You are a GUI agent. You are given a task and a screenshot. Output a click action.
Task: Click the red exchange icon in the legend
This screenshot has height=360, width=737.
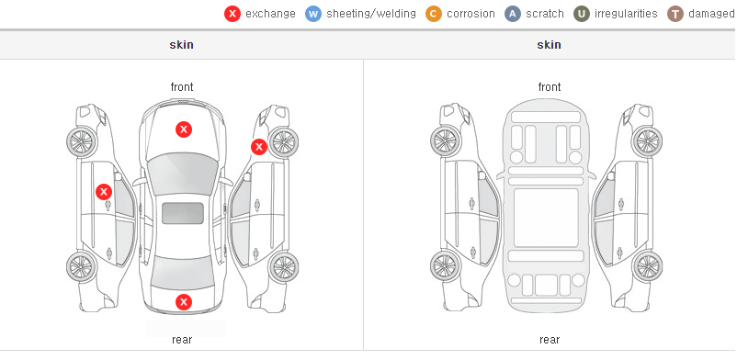point(232,14)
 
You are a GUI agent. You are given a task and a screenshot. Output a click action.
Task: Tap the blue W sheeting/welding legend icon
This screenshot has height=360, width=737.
point(313,14)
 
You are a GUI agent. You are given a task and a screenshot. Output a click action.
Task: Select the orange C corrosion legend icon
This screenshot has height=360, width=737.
point(434,14)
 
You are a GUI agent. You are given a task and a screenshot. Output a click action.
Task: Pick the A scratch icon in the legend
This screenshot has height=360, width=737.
point(513,14)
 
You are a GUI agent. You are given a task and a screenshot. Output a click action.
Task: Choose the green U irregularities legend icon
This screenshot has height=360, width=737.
point(582,14)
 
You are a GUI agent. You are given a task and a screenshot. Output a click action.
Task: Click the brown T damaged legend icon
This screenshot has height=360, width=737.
point(675,14)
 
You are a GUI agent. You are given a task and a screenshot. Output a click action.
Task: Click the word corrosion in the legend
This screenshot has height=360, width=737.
point(471,14)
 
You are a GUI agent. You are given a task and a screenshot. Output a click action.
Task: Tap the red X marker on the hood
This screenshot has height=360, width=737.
point(184,129)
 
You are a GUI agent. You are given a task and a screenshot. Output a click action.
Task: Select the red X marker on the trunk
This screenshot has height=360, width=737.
point(184,302)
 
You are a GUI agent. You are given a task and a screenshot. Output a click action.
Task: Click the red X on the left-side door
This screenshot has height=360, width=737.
point(104,192)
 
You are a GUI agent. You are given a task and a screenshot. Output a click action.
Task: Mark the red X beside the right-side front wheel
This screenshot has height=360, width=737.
point(258,147)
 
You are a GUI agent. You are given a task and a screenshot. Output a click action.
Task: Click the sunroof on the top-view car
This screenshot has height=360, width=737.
point(183,213)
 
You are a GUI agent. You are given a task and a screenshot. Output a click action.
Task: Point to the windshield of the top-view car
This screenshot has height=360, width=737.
point(182,174)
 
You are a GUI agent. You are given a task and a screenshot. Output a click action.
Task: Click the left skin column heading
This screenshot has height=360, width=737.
point(181,45)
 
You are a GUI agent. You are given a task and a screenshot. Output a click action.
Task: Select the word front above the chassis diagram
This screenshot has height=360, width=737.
point(550,87)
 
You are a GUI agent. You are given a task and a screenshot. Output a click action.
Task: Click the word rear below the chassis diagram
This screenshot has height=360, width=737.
point(550,340)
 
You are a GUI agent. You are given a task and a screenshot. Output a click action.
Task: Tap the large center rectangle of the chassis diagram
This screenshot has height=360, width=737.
point(546,218)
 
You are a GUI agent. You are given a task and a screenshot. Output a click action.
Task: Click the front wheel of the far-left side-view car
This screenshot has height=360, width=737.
point(81,142)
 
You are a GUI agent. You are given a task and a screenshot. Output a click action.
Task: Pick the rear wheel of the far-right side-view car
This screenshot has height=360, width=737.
point(647,267)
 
